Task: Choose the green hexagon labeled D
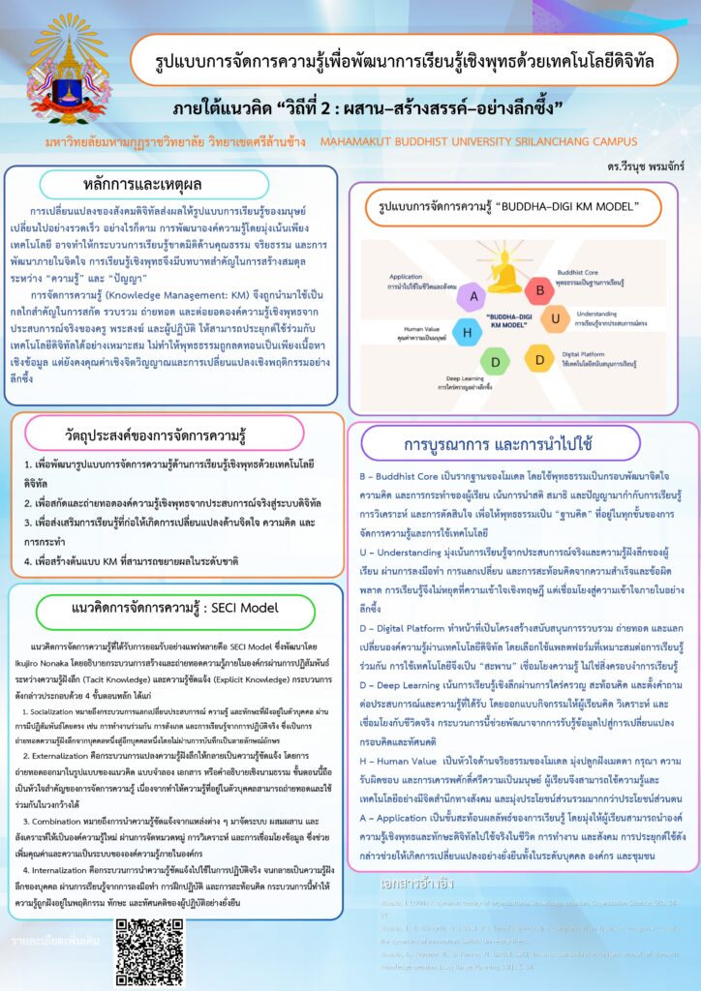coord(497,362)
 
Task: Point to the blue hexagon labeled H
coord(468,334)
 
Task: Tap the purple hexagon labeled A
coord(473,294)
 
